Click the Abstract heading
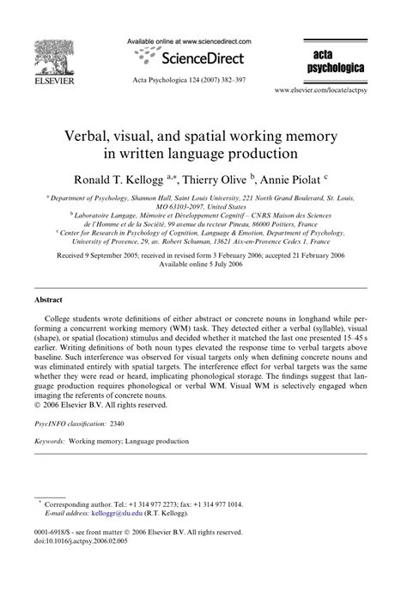pyautogui.click(x=47, y=301)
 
